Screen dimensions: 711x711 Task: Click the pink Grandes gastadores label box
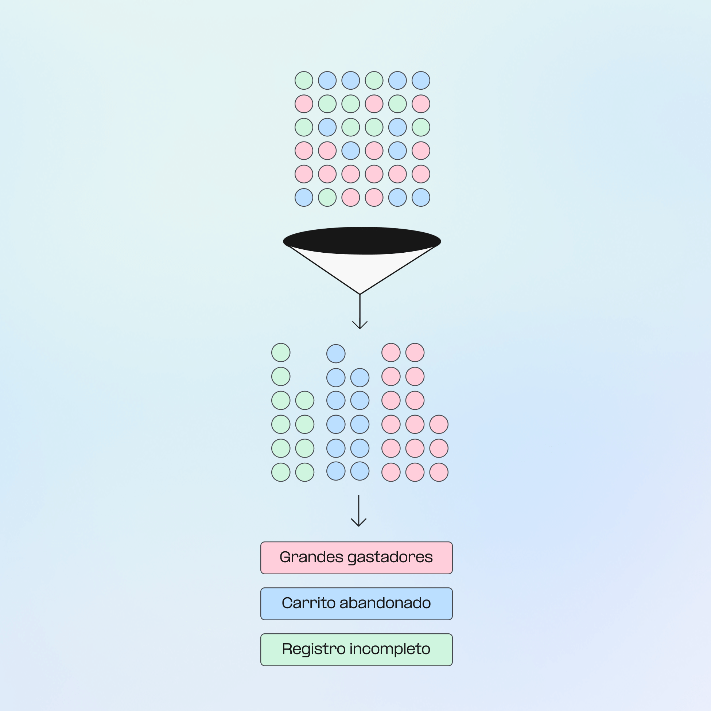click(x=356, y=557)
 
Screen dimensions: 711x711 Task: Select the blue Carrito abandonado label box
click(x=356, y=603)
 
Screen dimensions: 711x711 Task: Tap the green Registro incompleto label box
click(x=356, y=649)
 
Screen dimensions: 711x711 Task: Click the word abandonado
click(x=385, y=603)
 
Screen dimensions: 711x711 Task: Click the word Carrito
click(x=308, y=603)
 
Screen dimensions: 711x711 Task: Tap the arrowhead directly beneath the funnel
click(x=360, y=326)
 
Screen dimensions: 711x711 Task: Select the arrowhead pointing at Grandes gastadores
click(x=358, y=523)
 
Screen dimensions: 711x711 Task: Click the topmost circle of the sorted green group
click(x=281, y=353)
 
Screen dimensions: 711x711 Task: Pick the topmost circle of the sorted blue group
click(x=335, y=354)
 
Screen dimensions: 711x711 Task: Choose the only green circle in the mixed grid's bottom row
click(x=327, y=198)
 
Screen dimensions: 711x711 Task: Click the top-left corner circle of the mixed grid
click(x=304, y=81)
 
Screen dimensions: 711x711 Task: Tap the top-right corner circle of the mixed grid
click(x=421, y=81)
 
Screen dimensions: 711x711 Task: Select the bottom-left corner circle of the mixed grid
click(x=304, y=198)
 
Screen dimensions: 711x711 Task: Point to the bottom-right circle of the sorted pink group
click(x=439, y=472)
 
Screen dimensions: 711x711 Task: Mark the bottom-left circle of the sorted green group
click(x=281, y=472)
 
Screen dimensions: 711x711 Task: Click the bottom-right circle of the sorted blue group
click(x=360, y=471)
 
